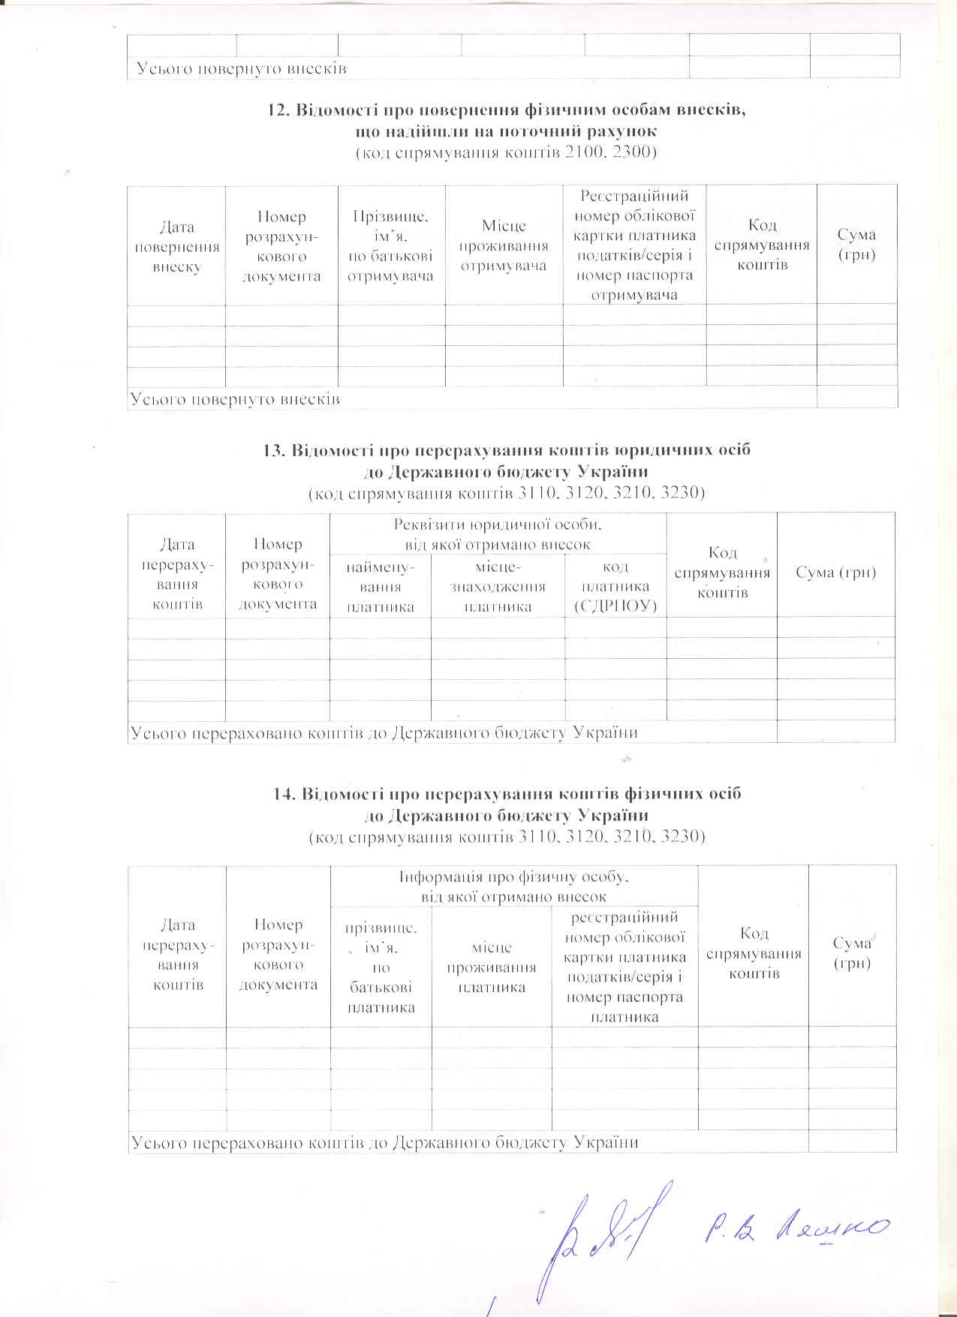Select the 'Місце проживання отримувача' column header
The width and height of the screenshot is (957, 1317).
point(504,246)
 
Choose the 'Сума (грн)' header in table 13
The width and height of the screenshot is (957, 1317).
point(836,573)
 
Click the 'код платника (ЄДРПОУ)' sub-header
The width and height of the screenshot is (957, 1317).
point(615,586)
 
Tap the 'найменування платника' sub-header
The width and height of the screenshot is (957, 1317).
point(381,586)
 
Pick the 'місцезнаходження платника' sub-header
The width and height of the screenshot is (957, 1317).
point(498,586)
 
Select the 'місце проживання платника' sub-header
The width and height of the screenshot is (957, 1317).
point(492,967)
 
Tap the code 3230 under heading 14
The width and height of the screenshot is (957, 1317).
point(679,836)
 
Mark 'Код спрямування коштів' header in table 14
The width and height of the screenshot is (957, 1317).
point(754,953)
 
